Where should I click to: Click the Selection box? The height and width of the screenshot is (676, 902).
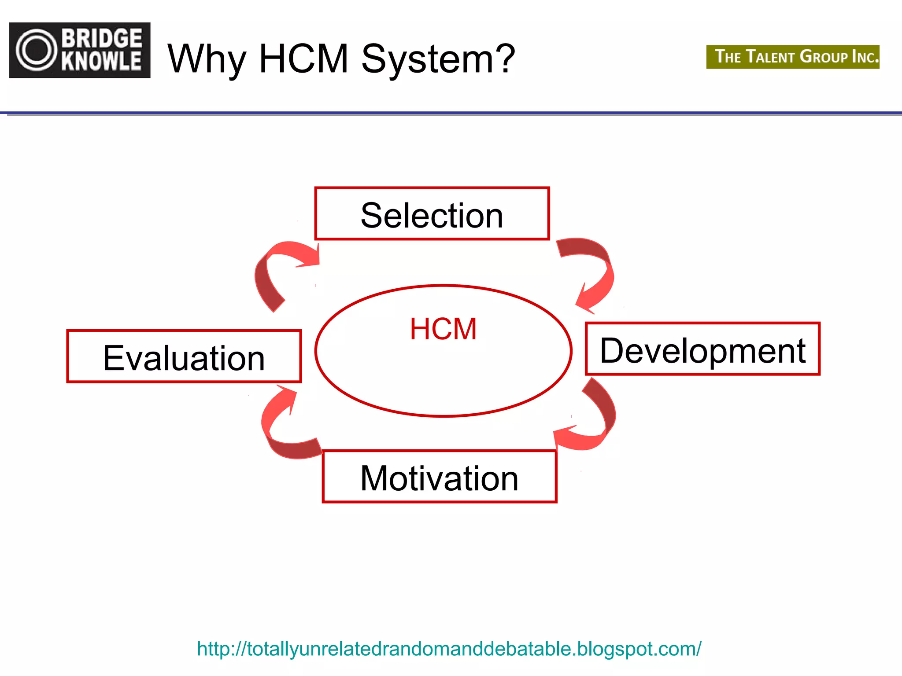432,214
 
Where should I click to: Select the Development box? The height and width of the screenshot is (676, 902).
702,349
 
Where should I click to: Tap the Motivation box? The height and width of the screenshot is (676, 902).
440,477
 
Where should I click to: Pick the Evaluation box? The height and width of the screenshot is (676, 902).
184,356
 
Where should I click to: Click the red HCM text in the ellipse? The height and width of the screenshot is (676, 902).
443,329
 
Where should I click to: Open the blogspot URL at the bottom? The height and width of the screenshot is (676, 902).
449,649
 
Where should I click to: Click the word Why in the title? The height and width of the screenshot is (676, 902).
207,59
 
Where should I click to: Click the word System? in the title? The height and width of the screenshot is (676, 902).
438,59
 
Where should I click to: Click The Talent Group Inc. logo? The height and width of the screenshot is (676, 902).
793,57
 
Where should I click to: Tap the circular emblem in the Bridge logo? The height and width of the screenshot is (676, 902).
37,50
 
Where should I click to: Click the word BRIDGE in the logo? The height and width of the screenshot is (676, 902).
102,38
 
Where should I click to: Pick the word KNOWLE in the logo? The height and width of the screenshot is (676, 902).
102,61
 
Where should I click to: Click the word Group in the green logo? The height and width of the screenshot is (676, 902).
824,57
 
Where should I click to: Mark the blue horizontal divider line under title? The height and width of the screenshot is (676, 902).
451,113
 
